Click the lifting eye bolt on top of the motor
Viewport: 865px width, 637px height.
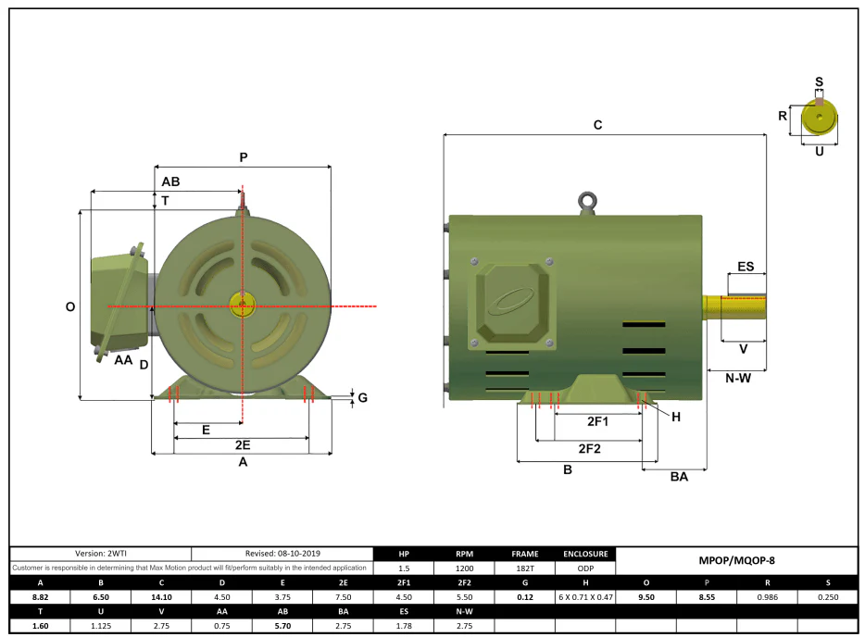coord(587,203)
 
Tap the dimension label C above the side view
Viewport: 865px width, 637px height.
coord(598,125)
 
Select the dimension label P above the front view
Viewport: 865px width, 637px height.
coord(244,157)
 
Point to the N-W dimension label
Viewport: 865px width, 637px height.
coord(737,379)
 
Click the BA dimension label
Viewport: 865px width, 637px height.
coord(679,477)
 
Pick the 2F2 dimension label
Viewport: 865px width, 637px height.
coord(589,449)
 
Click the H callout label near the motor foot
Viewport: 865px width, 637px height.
coord(676,417)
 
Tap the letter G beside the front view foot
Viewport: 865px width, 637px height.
coord(362,397)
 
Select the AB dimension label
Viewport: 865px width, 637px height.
coord(170,181)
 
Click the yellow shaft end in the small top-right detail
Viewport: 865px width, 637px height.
coord(820,117)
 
